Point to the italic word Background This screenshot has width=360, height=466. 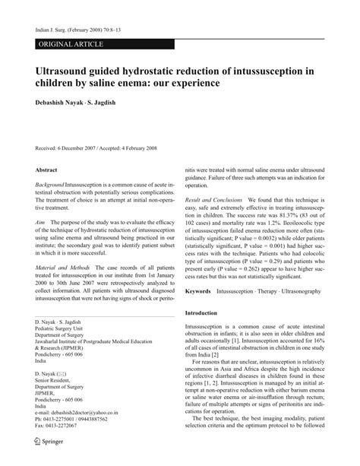(x=50, y=185)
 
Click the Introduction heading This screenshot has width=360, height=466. (x=207, y=334)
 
